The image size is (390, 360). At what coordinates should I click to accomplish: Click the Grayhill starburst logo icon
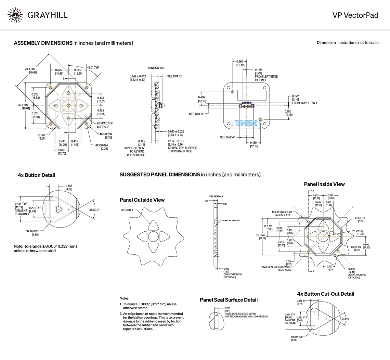(x=15, y=15)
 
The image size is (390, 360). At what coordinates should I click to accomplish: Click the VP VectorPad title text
(x=355, y=15)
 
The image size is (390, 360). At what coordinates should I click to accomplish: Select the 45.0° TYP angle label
(x=93, y=68)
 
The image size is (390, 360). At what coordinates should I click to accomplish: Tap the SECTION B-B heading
(x=156, y=68)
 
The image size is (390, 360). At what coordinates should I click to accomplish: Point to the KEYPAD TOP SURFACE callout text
(x=105, y=125)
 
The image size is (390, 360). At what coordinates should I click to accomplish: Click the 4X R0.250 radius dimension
(x=106, y=135)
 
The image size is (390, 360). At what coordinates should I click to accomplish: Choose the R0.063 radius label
(x=41, y=137)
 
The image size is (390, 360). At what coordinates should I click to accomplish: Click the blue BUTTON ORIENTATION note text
(x=246, y=123)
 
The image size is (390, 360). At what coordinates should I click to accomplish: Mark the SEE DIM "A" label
(x=227, y=137)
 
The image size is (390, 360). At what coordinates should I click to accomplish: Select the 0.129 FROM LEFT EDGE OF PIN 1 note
(x=266, y=75)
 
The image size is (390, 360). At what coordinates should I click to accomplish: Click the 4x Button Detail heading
(x=36, y=175)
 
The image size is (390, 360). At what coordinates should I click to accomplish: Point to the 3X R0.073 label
(x=32, y=233)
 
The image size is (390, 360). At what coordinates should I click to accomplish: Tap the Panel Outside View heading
(x=142, y=200)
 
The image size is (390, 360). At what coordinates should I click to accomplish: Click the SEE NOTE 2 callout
(x=127, y=210)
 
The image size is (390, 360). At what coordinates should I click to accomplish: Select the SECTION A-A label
(x=216, y=197)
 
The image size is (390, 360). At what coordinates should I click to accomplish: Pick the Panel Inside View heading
(x=324, y=184)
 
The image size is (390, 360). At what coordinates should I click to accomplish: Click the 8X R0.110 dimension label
(x=360, y=220)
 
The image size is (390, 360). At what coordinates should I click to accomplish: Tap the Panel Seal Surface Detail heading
(x=228, y=300)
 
